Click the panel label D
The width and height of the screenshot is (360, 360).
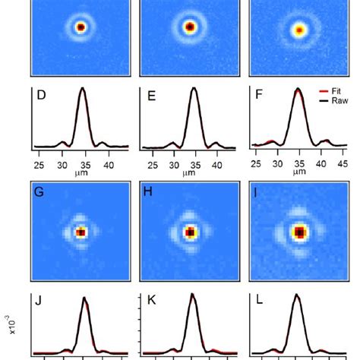[43, 96]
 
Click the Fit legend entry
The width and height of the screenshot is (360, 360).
[337, 89]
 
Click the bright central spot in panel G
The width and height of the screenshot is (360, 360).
[81, 231]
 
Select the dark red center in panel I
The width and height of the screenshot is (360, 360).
[300, 231]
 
